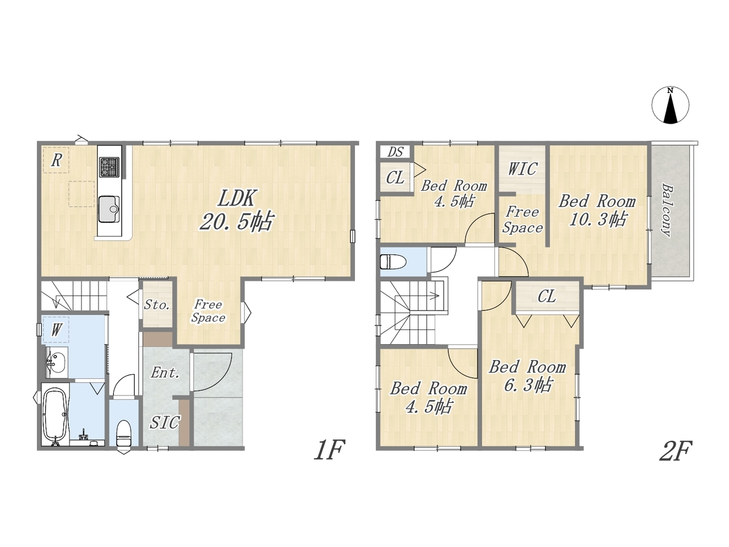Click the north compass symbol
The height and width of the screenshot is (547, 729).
coord(670,105)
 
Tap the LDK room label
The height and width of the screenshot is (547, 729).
coord(236,198)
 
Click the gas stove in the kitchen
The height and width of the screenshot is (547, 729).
coord(109,167)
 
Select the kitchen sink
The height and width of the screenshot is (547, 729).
coord(109,209)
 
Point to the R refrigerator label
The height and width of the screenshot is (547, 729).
coord(56,161)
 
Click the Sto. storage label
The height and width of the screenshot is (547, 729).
coord(157,304)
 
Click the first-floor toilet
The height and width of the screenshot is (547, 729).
coord(124,434)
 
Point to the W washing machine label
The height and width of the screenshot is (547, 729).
coord(56,330)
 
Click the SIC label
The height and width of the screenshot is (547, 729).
coord(165,422)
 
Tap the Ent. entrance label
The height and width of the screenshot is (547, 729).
coord(165,373)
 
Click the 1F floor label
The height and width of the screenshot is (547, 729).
coord(329,450)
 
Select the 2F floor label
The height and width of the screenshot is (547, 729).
coord(675,451)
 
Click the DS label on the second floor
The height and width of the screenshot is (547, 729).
coord(395,152)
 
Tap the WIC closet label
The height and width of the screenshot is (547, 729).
coord(523,169)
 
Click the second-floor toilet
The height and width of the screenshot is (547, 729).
coord(393,262)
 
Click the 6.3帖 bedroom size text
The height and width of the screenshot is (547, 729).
coord(528,385)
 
